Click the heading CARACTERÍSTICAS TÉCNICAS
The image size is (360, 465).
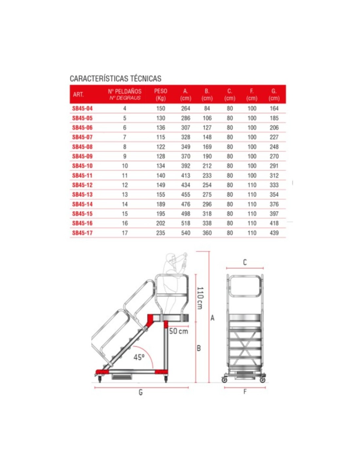[115, 78]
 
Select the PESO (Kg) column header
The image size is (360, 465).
[160, 95]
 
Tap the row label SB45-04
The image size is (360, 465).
[82, 109]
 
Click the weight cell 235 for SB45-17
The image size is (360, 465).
[160, 233]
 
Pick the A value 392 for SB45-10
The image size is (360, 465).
[186, 166]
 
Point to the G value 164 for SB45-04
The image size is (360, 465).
[274, 109]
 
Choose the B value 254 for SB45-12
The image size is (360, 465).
[207, 185]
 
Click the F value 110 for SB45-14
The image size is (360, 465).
[252, 204]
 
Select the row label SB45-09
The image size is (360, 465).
[82, 157]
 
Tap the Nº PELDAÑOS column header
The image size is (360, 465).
[125, 94]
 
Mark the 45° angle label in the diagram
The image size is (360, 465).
[139, 357]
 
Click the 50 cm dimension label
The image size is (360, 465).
[179, 331]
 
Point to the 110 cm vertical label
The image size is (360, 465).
[200, 298]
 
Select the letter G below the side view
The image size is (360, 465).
[141, 392]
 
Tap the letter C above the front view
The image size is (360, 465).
[245, 262]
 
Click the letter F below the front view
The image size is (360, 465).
[245, 392]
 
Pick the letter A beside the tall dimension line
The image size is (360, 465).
[212, 318]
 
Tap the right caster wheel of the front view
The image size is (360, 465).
[262, 380]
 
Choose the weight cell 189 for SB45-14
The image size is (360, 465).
[160, 204]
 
